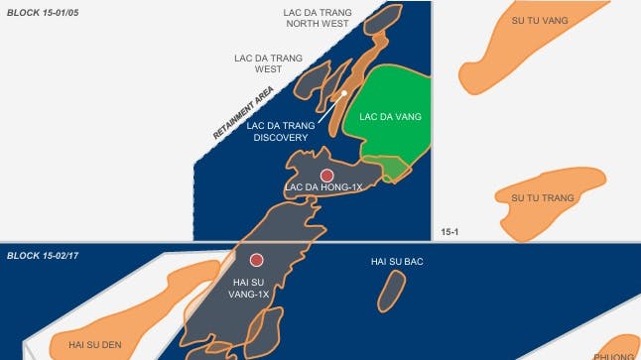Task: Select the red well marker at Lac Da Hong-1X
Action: pyautogui.click(x=326, y=175)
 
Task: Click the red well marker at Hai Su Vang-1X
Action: pyautogui.click(x=256, y=260)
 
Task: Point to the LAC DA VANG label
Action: pyautogui.click(x=390, y=117)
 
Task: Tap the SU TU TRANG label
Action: pyautogui.click(x=543, y=198)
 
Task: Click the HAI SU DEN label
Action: pyautogui.click(x=94, y=344)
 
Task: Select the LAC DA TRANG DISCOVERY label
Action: pyautogui.click(x=281, y=132)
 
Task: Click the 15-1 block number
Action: pyautogui.click(x=448, y=232)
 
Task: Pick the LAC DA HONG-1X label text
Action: pyautogui.click(x=323, y=187)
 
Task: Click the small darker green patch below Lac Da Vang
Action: pyautogui.click(x=394, y=168)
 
